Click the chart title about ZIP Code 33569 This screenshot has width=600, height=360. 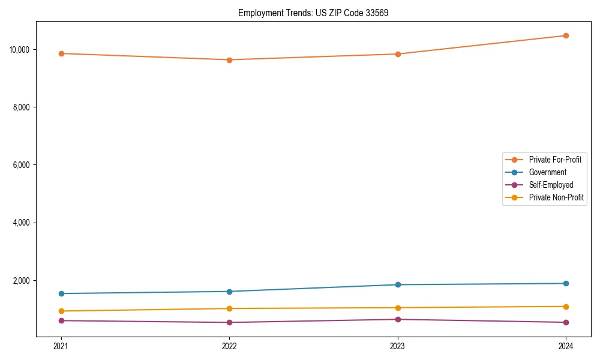pyautogui.click(x=313, y=13)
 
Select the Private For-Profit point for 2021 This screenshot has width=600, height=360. pyautogui.click(x=61, y=53)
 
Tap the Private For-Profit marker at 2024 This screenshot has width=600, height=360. pyautogui.click(x=566, y=35)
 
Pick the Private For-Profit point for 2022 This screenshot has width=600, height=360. pyautogui.click(x=229, y=60)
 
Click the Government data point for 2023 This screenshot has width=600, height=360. pyautogui.click(x=398, y=284)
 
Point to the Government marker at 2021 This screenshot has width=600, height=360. pyautogui.click(x=61, y=293)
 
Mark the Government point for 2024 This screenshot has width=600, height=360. pyautogui.click(x=566, y=283)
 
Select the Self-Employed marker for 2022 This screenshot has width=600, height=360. pyautogui.click(x=229, y=322)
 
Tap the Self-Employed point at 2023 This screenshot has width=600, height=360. pyautogui.click(x=398, y=319)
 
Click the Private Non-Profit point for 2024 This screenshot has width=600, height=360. pyautogui.click(x=566, y=307)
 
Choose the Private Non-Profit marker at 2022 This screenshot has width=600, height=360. pyautogui.click(x=229, y=308)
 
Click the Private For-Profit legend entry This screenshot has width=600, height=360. pyautogui.click(x=554, y=160)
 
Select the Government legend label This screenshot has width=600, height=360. pyautogui.click(x=547, y=172)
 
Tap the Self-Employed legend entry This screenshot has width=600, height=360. pyautogui.click(x=551, y=185)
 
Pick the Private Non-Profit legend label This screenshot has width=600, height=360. pyautogui.click(x=556, y=197)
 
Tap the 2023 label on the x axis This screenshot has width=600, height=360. pyautogui.click(x=398, y=346)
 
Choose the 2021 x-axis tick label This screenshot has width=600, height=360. pyautogui.click(x=61, y=346)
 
